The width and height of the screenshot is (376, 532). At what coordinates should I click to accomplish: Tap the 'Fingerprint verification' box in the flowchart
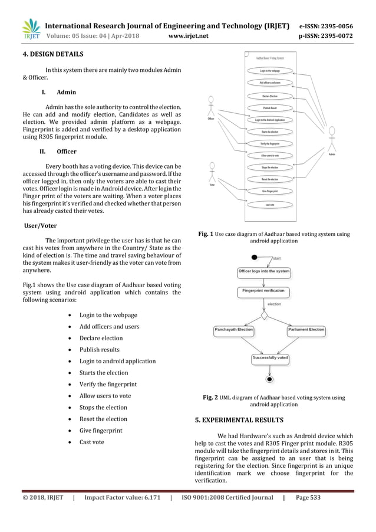(x=263, y=291)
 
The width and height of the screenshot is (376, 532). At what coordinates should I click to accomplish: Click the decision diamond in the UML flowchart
(x=265, y=316)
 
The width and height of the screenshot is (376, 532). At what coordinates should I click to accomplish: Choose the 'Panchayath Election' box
(x=234, y=330)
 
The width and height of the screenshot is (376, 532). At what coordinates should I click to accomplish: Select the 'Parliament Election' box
(x=306, y=330)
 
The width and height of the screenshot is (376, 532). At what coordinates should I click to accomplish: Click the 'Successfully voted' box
(x=271, y=358)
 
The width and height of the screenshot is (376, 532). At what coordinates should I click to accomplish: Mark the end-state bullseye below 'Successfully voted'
(x=271, y=377)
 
